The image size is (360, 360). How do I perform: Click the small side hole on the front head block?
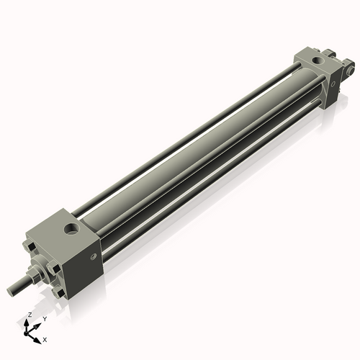[x=92, y=256]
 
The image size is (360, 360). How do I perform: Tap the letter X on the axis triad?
[x=45, y=338]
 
